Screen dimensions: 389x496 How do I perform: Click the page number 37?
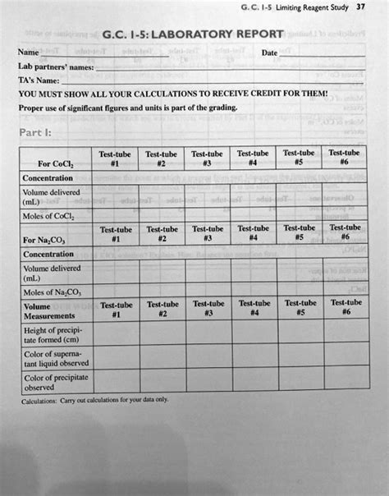pyautogui.click(x=360, y=7)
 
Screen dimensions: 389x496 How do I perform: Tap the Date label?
pyautogui.click(x=268, y=53)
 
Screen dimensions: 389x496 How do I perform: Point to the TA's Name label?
pyautogui.click(x=39, y=80)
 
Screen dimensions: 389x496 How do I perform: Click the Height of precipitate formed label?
pyautogui.click(x=53, y=334)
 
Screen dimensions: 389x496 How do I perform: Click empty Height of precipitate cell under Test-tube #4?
pyautogui.click(x=254, y=333)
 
